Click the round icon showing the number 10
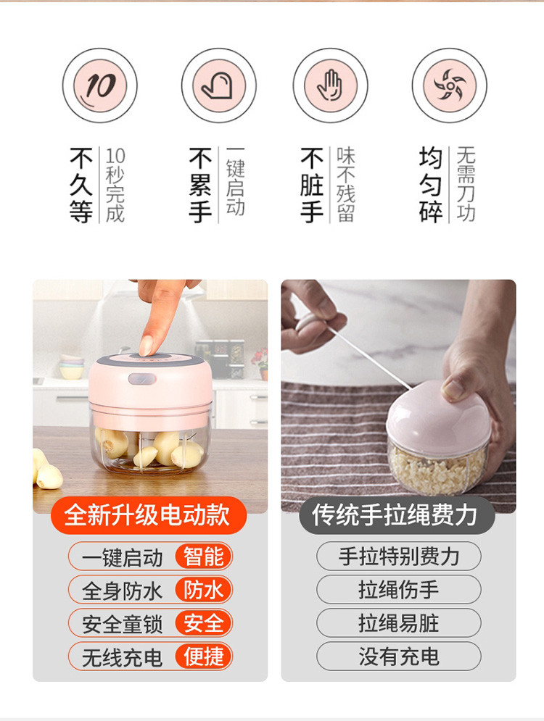(100, 86)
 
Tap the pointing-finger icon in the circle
(218, 86)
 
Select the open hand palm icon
(331, 86)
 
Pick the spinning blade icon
(449, 86)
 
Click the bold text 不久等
(81, 185)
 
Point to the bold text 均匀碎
(431, 185)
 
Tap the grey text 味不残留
(346, 185)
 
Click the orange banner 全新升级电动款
(148, 515)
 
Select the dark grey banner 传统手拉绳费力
(397, 515)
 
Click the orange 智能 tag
(203, 557)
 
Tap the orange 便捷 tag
(203, 657)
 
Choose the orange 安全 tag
(203, 623)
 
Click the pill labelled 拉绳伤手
(398, 590)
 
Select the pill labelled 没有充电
(398, 657)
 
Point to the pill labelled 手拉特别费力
(398, 557)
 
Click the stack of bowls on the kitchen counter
(71, 366)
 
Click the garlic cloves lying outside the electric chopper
(46, 469)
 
